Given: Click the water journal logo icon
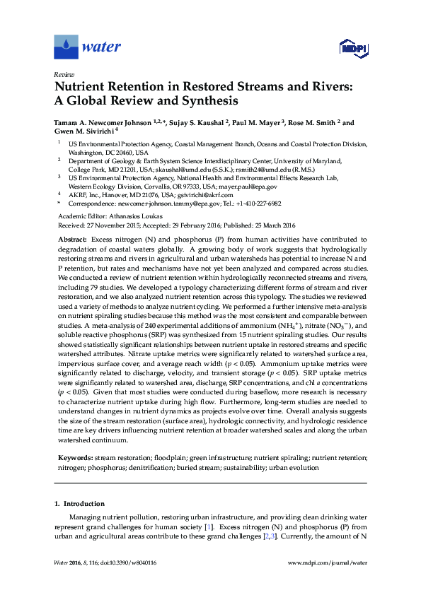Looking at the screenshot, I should [66, 47].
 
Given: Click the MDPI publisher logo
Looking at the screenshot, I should [352, 47].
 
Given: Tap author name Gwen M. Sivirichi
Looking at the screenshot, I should [83, 131].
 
